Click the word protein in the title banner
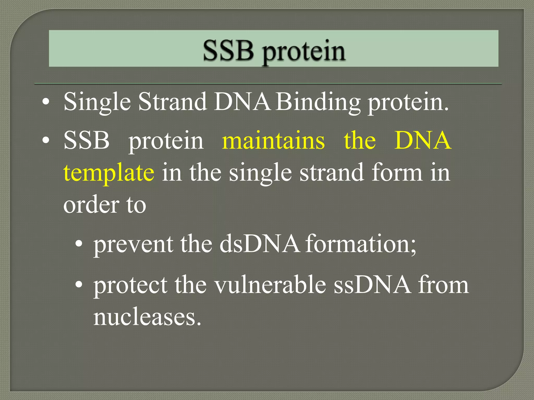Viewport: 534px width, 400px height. (304, 52)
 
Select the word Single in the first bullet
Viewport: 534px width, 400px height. (97, 102)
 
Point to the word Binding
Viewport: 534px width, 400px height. (318, 102)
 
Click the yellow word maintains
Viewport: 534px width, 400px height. (273, 141)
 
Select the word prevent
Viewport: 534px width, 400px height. (133, 244)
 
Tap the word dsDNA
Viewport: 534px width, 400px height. (259, 244)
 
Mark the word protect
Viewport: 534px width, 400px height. (130, 285)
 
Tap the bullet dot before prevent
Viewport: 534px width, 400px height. (78, 244)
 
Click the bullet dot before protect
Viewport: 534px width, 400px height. (78, 285)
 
